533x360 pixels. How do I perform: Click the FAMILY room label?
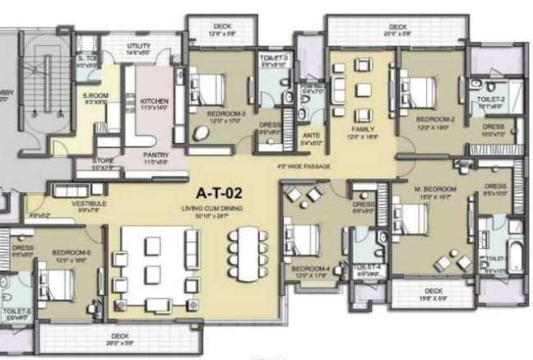[363, 129]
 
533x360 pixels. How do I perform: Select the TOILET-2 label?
[490, 99]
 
